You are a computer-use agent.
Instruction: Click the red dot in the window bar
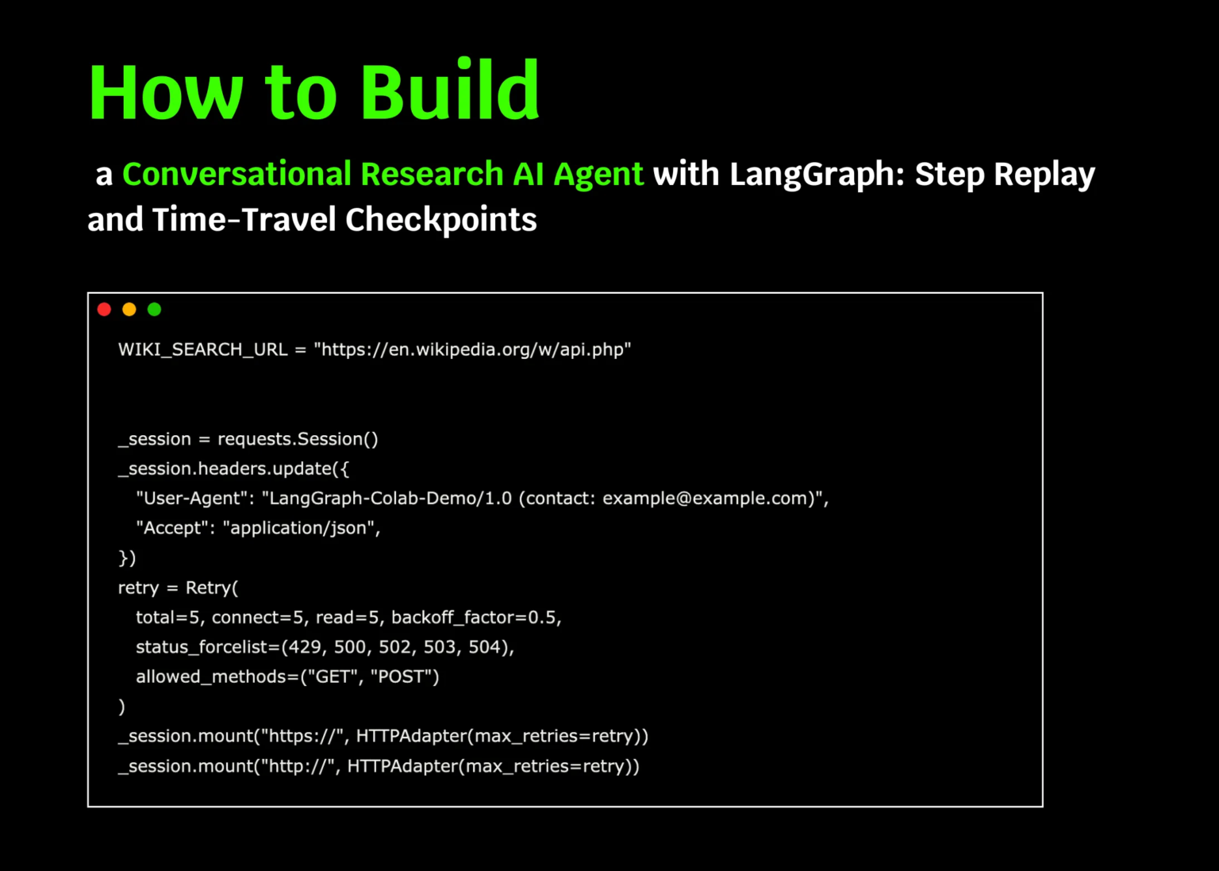coord(104,310)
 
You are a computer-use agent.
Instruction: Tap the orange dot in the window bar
coord(129,310)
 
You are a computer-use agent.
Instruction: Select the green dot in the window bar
coord(155,310)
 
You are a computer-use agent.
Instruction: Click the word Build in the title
coord(449,92)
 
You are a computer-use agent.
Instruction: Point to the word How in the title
coord(166,92)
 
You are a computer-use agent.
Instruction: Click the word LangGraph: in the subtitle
coord(817,175)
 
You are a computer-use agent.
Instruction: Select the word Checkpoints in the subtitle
coord(440,220)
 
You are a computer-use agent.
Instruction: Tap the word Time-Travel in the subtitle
coord(244,220)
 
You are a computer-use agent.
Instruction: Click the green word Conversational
coord(236,175)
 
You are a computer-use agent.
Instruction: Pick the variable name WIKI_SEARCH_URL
coord(202,349)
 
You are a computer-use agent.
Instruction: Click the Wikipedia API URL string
coord(472,349)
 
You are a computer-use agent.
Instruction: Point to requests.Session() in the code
coord(298,439)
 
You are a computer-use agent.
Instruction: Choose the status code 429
coord(305,647)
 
